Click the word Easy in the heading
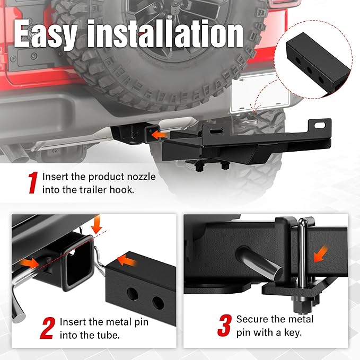click(x=46, y=34)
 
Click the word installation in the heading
click(x=164, y=34)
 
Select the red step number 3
click(x=224, y=325)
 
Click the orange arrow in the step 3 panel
click(x=320, y=254)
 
